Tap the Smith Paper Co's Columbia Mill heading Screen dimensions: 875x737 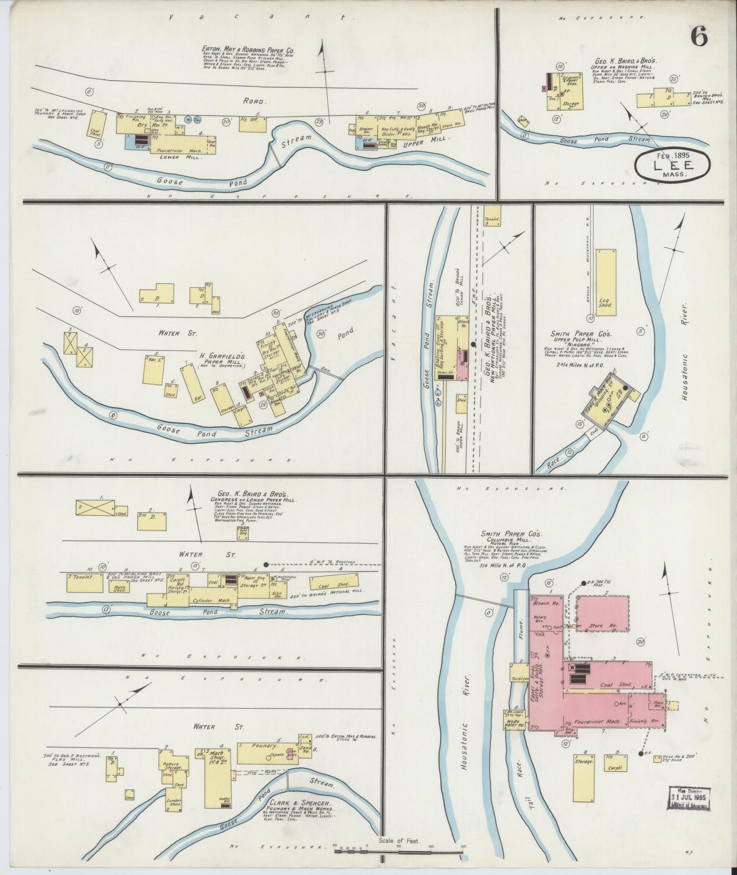(x=503, y=537)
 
